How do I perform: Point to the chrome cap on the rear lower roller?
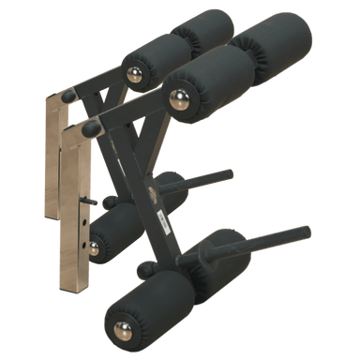click(x=92, y=247)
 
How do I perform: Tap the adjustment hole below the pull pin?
click(x=85, y=223)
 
